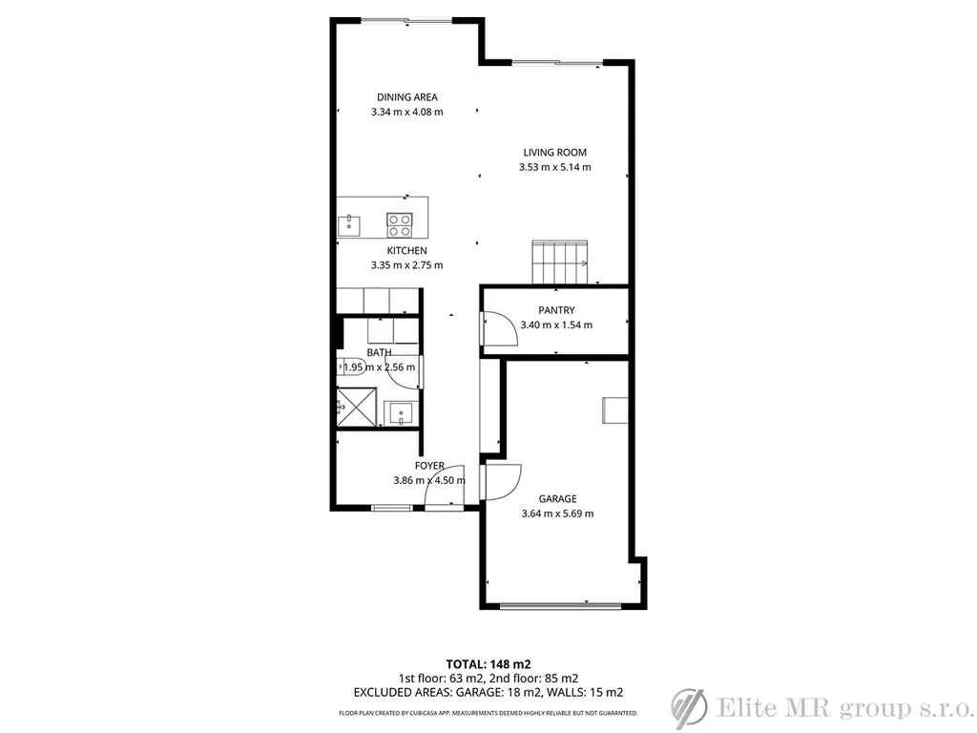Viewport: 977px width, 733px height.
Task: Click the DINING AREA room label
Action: click(406, 97)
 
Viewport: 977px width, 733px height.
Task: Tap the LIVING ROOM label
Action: click(554, 152)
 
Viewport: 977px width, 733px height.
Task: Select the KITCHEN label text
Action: click(406, 251)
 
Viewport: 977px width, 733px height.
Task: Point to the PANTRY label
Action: click(556, 310)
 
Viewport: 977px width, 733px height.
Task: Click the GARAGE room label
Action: click(557, 498)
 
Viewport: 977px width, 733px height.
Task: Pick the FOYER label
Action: click(429, 466)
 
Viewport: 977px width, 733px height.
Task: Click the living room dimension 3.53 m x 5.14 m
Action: click(555, 167)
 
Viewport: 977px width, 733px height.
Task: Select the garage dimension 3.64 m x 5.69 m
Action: click(557, 513)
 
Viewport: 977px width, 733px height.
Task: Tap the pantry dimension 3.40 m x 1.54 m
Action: click(556, 325)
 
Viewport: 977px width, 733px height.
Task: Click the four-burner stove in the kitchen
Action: click(400, 225)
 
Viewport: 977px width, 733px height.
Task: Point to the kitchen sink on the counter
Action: click(349, 225)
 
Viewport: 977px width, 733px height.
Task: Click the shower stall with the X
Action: click(357, 407)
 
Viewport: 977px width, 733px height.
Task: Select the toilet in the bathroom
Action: click(350, 366)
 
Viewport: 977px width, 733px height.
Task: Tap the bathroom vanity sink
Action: click(401, 413)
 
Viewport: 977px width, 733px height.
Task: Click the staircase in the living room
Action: click(559, 262)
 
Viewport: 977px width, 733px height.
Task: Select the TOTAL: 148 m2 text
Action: click(488, 664)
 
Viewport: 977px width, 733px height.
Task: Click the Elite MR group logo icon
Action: click(689, 709)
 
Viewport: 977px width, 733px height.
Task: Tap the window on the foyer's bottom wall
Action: click(392, 508)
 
